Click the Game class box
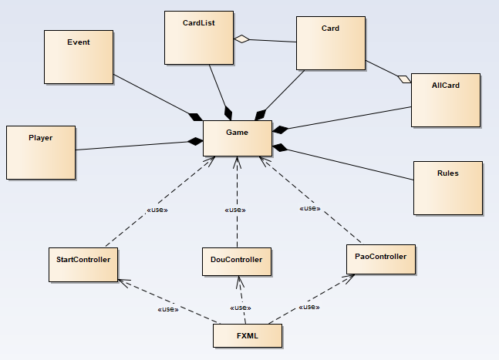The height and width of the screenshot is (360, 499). pos(237,138)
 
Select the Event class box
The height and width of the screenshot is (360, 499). pos(79,56)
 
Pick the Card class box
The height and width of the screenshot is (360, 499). pos(331,43)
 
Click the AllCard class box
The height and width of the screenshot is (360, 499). pos(446,99)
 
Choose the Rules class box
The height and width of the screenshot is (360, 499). pos(447,187)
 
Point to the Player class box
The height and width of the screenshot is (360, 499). pos(41,151)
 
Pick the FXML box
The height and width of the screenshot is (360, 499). pos(247,335)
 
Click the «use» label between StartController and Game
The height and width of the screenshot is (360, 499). pos(157,209)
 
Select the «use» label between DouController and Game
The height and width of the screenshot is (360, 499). pos(234,210)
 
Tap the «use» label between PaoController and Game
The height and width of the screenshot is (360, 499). pos(310,208)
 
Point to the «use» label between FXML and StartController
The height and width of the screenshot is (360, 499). pos(167,309)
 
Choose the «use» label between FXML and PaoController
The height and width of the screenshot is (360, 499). pos(309,307)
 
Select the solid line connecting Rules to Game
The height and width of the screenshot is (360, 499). pos(347,163)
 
